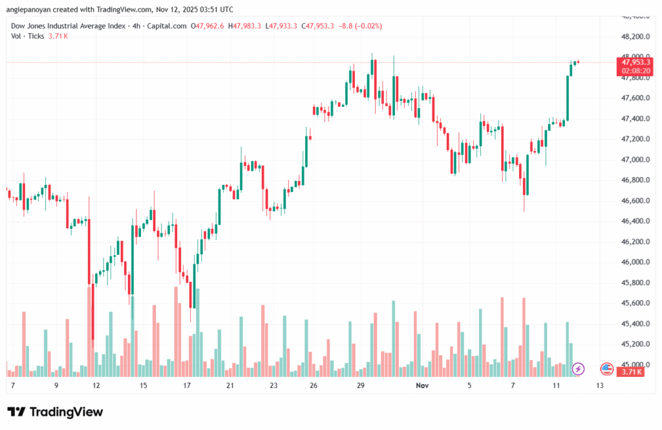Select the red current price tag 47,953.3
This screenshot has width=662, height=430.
pos(634,62)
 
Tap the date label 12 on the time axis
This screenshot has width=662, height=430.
pos(96,385)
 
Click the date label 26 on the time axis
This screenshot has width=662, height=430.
pos(314,385)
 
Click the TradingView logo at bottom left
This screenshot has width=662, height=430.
pos(55,412)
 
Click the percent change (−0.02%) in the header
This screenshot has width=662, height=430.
pos(363,26)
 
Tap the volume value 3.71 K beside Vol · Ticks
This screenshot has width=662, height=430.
pos(58,36)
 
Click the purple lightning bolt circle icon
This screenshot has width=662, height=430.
pos(579,369)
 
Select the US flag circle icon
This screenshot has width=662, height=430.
pos(606,369)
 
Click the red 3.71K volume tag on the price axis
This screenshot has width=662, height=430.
pos(631,372)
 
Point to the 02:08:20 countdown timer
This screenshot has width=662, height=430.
pos(634,70)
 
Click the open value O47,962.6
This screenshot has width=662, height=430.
pos(207,26)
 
